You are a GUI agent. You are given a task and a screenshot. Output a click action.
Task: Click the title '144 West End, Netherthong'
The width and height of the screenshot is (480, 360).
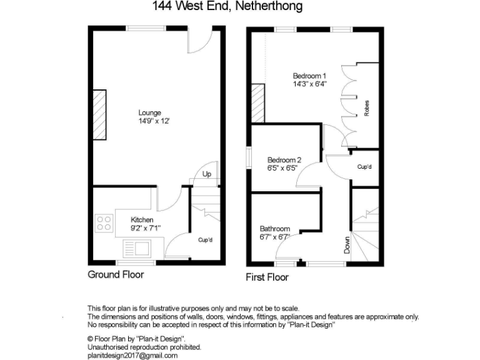click(x=227, y=7)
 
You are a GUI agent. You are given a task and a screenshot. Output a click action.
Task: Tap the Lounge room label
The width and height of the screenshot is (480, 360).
click(x=149, y=113)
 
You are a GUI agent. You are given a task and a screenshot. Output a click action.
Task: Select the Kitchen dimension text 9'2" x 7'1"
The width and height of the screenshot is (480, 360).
click(x=142, y=228)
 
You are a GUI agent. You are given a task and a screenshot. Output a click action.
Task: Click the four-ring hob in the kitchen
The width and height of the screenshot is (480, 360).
click(x=104, y=223)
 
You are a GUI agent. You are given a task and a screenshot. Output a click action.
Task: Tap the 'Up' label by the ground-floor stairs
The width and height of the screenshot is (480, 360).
click(x=207, y=174)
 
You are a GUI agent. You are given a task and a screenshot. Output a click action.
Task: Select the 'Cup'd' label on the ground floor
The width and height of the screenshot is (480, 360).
click(x=206, y=240)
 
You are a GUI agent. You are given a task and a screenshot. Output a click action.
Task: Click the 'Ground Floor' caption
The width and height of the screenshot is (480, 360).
click(x=116, y=274)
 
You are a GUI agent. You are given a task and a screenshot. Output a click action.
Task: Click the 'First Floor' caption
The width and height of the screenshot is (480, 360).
click(x=268, y=277)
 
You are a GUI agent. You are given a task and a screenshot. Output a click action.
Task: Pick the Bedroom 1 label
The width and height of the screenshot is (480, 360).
click(x=310, y=76)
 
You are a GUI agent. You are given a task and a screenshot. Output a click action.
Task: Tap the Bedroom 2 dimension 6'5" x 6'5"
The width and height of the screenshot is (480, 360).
click(x=285, y=167)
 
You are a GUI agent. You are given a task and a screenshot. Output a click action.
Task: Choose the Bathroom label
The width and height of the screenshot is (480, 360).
click(x=275, y=229)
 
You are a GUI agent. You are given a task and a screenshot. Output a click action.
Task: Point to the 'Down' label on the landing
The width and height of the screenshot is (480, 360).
click(x=347, y=244)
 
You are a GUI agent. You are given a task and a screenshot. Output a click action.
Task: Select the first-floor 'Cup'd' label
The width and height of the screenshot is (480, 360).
click(x=364, y=167)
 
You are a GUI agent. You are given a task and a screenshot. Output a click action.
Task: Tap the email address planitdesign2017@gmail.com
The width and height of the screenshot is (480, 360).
click(x=132, y=355)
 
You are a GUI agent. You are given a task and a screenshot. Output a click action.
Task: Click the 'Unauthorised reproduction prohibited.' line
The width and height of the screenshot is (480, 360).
click(x=144, y=346)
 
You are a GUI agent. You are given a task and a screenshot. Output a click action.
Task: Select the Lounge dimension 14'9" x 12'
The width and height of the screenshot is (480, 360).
click(x=150, y=121)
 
